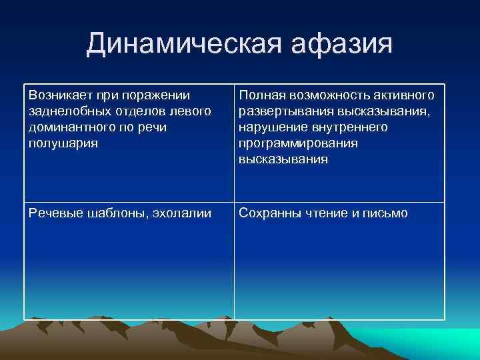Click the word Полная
(260, 95)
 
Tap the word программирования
(298, 143)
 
